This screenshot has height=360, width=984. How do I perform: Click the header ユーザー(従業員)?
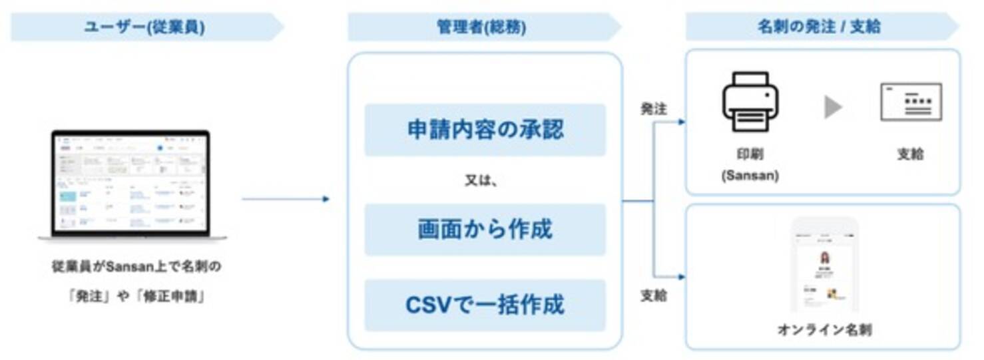(144, 27)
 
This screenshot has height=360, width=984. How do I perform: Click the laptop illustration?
(132, 184)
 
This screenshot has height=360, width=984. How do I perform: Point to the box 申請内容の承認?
(485, 129)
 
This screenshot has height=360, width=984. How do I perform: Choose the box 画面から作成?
(485, 230)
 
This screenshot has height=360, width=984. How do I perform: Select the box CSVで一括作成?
(485, 305)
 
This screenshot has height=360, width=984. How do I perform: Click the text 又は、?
(482, 180)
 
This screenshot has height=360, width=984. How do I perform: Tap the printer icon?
(750, 102)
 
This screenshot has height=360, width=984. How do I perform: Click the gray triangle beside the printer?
(832, 107)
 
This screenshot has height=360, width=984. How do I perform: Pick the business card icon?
(911, 102)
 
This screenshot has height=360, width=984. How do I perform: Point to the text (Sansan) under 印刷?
(750, 176)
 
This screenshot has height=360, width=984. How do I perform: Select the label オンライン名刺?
(824, 329)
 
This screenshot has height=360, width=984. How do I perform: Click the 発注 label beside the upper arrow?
(653, 109)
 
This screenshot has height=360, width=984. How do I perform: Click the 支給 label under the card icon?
(910, 154)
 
